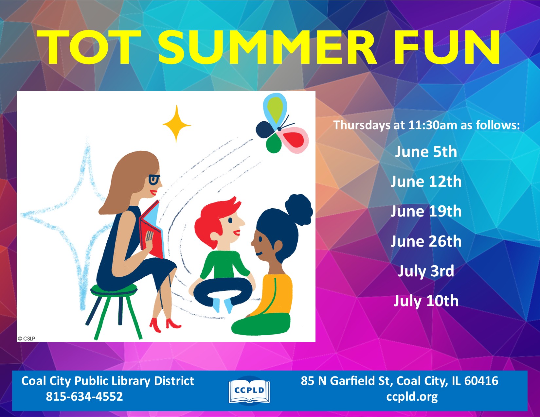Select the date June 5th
pos(426,152)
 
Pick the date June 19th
pos(426,211)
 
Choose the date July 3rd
pos(426,271)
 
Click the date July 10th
pos(426,301)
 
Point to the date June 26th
pos(426,241)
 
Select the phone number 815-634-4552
pos(84,397)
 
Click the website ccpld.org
pos(412,397)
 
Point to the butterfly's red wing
pos(295,139)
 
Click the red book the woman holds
pos(152,231)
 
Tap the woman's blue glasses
pos(154,179)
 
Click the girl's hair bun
pos(298,209)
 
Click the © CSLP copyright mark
pos(27,339)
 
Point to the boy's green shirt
pos(225,265)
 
